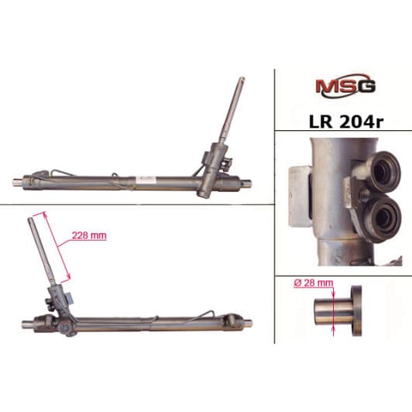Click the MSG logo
[345, 86]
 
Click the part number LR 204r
[346, 122]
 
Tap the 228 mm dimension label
[89, 235]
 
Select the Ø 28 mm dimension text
[314, 283]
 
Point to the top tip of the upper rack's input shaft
[242, 78]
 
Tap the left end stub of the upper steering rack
[18, 182]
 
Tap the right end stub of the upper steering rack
[245, 183]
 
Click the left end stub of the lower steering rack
[28, 324]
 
